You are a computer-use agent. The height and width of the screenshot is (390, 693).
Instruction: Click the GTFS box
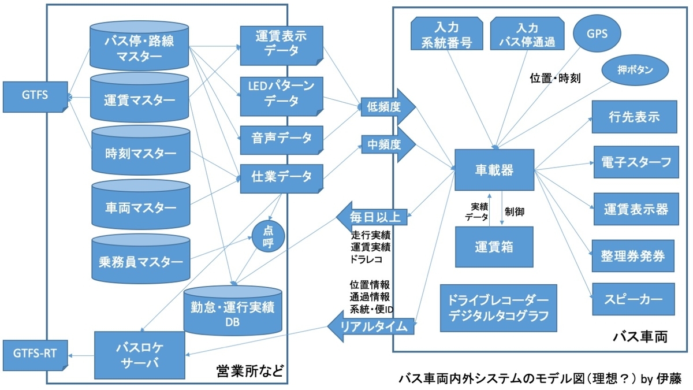tap(35, 96)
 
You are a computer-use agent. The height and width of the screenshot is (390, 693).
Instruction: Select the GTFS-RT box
tap(35, 355)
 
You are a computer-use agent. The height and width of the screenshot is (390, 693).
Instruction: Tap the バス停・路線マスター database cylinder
tap(139, 46)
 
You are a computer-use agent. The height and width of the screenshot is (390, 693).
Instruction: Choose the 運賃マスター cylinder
tap(139, 98)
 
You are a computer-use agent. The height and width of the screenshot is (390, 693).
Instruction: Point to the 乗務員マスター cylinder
tap(141, 259)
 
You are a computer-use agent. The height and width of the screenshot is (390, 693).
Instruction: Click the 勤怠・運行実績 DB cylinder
tap(233, 310)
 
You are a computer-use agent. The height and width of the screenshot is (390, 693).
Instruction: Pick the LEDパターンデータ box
tap(282, 96)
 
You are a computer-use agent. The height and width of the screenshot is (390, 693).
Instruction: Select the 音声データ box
tap(282, 140)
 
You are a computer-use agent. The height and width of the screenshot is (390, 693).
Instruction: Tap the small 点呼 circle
tap(268, 236)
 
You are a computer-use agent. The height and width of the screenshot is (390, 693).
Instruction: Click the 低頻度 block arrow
tap(388, 107)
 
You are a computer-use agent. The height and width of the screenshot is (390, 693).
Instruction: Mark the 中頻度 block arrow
tap(388, 144)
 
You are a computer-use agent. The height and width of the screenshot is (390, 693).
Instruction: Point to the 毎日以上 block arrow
tap(371, 217)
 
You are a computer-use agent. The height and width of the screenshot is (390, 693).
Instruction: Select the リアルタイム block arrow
tap(371, 326)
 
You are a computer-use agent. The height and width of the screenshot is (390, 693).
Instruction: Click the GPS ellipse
tap(597, 34)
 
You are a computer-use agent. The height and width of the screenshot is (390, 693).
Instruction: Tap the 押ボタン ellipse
tap(635, 70)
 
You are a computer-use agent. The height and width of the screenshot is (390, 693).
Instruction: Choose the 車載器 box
tap(494, 170)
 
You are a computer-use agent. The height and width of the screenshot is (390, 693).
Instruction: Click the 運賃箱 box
tap(494, 247)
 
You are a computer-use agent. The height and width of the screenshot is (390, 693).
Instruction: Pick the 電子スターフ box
tap(636, 162)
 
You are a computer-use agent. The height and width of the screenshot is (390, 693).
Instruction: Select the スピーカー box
tap(634, 299)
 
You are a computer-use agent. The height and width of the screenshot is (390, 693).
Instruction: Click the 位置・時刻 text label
tap(555, 79)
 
